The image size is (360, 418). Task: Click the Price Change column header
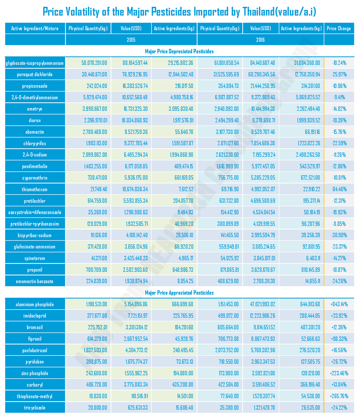coord(338,28)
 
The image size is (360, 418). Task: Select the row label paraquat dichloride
coord(35,74)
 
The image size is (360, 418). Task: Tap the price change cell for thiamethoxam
coord(338,189)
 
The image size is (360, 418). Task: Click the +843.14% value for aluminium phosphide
coord(338,305)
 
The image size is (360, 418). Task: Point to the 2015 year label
coord(131,40)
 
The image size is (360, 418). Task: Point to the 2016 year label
coord(260,40)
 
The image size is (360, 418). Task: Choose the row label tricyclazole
coord(35,408)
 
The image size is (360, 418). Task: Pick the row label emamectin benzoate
coord(35,281)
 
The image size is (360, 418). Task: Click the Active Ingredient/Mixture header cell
coord(35,28)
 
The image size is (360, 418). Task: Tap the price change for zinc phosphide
coord(338,373)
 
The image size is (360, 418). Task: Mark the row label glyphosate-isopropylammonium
coord(35,63)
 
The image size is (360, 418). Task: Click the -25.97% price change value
coord(338,74)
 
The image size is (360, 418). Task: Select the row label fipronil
coord(35,339)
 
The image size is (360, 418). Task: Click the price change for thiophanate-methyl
coord(338,396)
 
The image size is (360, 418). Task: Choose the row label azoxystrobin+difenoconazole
coord(35,212)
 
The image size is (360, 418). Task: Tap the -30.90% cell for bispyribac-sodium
coord(338,235)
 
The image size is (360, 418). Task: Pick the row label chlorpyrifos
coord(35,143)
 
